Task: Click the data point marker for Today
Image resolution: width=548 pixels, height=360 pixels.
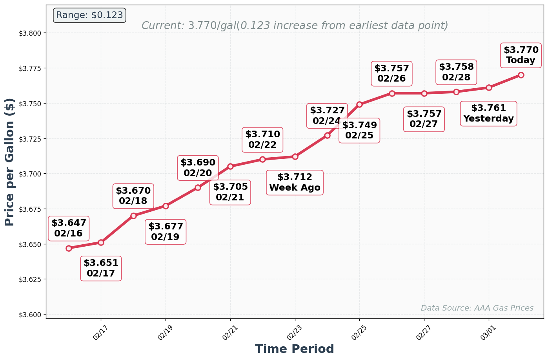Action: click(x=521, y=75)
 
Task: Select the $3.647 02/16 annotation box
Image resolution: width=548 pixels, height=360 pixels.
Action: click(x=69, y=228)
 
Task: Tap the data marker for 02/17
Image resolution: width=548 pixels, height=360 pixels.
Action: click(x=101, y=242)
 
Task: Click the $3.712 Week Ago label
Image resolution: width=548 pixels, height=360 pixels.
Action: click(x=295, y=182)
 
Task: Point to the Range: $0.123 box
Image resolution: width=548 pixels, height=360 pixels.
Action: click(x=89, y=15)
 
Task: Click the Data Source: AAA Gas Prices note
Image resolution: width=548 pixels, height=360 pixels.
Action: click(x=477, y=308)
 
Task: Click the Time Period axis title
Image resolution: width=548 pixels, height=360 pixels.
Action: click(x=294, y=349)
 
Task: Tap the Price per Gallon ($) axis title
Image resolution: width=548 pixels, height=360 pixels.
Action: click(x=9, y=162)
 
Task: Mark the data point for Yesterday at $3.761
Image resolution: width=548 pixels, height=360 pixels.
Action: click(x=489, y=87)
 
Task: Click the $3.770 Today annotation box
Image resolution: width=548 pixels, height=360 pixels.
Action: click(x=521, y=55)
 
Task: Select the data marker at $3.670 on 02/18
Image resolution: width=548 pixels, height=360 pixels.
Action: click(x=133, y=216)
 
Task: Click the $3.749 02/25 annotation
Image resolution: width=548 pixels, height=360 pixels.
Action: click(x=359, y=130)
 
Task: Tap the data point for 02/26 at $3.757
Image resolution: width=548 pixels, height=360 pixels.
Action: click(x=392, y=93)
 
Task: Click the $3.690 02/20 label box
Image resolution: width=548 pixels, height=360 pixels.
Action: click(x=198, y=167)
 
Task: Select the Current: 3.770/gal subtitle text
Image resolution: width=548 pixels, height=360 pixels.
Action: click(x=295, y=26)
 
